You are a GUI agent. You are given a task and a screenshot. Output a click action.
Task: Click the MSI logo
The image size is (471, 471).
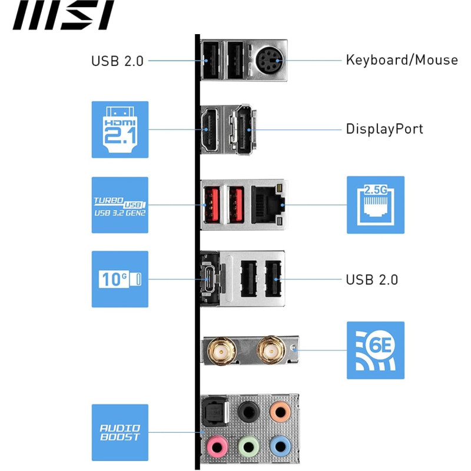63,15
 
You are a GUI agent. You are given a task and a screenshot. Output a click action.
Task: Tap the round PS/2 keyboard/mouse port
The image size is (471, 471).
270,60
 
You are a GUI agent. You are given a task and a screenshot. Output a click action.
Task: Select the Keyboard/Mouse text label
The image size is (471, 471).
402,60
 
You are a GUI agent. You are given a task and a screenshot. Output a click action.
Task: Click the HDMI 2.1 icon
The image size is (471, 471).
120,130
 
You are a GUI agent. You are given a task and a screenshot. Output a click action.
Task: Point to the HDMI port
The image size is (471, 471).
210,130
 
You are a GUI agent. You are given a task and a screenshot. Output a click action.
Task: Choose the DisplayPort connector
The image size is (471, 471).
244,130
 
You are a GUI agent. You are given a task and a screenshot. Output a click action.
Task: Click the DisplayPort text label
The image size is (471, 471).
384,129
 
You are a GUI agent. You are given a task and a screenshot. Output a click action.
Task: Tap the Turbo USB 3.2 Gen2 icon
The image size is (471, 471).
120,205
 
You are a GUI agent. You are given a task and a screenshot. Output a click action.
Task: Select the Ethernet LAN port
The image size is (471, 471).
268,205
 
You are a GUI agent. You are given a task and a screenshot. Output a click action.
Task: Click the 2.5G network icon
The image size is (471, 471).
376,205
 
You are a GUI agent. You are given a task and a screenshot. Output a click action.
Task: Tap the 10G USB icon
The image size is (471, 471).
120,279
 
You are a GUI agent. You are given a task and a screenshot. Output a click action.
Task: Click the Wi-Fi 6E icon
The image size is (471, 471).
376,350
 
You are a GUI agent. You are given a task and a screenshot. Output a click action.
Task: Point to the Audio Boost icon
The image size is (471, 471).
120,433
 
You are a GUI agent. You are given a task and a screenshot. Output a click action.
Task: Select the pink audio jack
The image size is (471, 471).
217,446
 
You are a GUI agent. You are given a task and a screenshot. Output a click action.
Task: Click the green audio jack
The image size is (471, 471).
248,446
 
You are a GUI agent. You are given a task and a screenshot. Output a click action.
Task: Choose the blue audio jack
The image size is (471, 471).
280,446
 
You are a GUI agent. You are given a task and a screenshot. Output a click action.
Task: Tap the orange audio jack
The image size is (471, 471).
280,412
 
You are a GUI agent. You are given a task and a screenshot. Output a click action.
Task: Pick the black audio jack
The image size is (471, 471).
248,412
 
